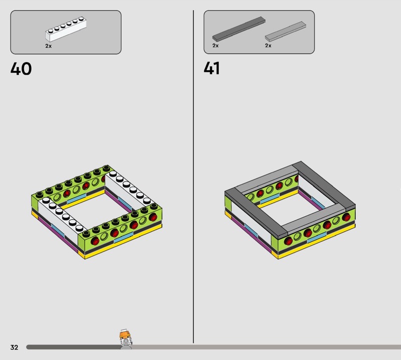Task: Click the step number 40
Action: point(21,69)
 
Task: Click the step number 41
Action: point(212,68)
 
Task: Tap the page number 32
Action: point(15,347)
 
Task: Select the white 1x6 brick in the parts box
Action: point(66,29)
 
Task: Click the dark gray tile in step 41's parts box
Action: point(239,29)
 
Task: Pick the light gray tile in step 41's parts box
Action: point(285,31)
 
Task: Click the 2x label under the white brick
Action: point(48,46)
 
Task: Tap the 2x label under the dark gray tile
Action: point(216,46)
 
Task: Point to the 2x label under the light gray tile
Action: point(268,46)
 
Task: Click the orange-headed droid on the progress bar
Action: point(125,339)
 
